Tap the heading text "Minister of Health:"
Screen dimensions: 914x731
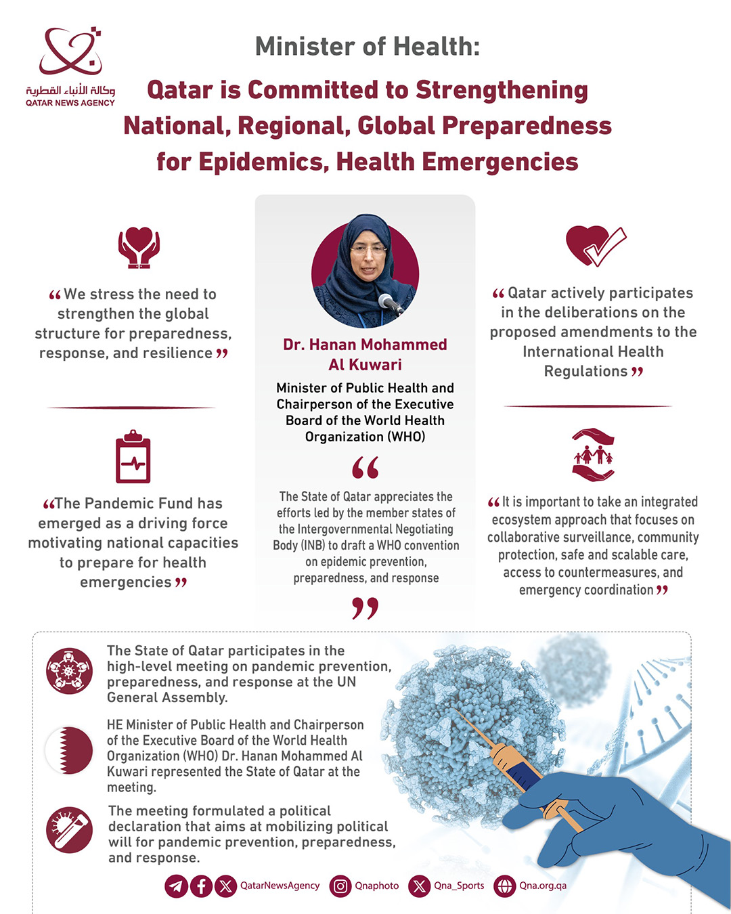[x=368, y=47]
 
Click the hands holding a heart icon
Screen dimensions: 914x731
[x=139, y=247]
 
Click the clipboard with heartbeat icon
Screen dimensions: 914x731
[x=133, y=457]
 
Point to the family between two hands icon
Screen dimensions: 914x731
[x=593, y=455]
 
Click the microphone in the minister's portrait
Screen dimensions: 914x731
[x=390, y=303]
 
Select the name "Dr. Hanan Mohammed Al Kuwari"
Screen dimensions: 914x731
[x=365, y=354]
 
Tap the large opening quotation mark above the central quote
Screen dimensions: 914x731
[x=365, y=467]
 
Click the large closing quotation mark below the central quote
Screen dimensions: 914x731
[x=365, y=608]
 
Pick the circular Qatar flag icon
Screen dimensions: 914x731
[x=69, y=750]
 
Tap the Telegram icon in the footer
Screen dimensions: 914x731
[x=176, y=886]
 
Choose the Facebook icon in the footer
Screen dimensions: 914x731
[x=201, y=886]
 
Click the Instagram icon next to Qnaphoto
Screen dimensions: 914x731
[x=341, y=886]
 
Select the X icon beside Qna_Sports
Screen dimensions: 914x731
[x=420, y=886]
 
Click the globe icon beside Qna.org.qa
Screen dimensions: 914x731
[x=505, y=886]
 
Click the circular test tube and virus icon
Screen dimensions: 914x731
[x=69, y=829]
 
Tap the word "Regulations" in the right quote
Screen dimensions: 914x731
[x=585, y=372]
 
